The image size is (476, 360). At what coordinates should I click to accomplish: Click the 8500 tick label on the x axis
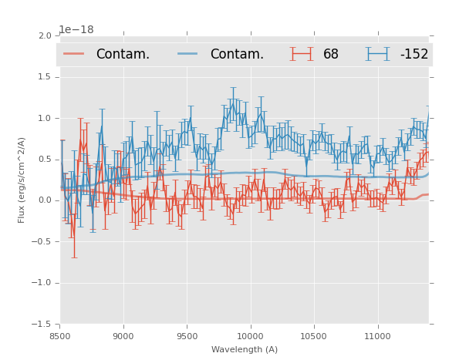tap(60, 336)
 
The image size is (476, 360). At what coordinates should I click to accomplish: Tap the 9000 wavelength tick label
tap(123, 336)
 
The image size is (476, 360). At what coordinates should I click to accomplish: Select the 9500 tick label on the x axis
tap(187, 336)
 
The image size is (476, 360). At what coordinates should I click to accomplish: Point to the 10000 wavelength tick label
tap(250, 336)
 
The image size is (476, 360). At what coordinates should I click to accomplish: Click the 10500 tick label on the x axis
tap(313, 336)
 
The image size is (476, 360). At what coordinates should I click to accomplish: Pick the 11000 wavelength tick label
tap(376, 336)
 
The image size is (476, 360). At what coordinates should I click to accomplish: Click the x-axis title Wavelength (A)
tap(245, 349)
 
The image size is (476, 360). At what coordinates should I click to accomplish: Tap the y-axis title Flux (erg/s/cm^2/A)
tap(22, 180)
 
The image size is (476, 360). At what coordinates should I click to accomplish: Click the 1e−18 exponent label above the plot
tap(76, 30)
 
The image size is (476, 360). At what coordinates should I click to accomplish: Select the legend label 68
tap(331, 55)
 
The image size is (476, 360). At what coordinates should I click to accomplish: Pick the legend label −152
tap(414, 55)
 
